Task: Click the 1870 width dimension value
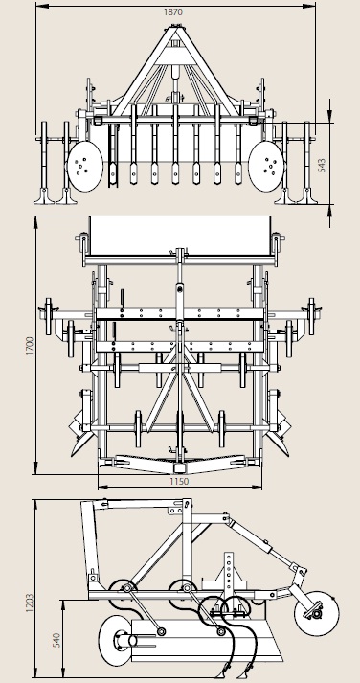tap(173, 12)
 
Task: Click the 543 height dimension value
tap(322, 165)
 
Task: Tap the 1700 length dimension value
tap(30, 347)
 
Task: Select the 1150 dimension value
tap(179, 481)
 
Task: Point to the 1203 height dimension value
tap(30, 603)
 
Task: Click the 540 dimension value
tap(56, 639)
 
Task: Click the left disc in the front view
tap(85, 166)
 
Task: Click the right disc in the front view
tap(266, 166)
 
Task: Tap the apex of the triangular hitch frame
tap(175, 29)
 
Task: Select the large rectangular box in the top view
tap(180, 236)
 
